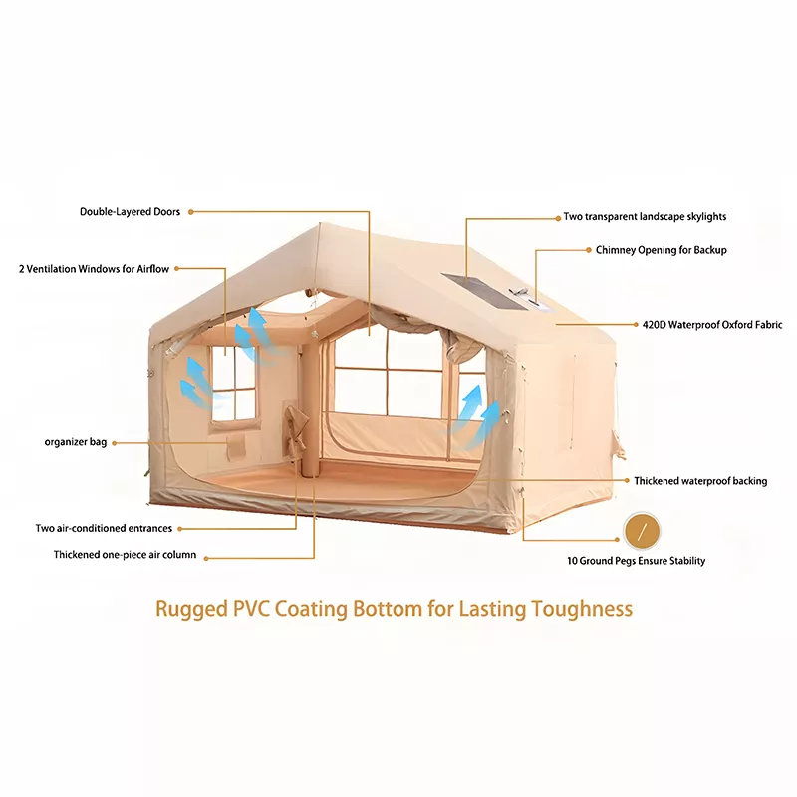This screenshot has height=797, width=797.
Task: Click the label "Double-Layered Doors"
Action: tap(130, 212)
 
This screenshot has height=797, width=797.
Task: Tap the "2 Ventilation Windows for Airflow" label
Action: tap(94, 269)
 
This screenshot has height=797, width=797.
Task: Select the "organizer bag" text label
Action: tap(76, 442)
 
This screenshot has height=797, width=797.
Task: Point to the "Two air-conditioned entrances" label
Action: tap(104, 528)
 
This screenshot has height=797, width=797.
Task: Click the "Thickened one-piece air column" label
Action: tap(126, 555)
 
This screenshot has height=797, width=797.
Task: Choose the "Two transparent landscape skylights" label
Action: tap(645, 217)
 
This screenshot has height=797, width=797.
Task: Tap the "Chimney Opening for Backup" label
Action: tap(662, 250)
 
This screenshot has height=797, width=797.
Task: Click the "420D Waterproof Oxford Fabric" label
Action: tap(712, 325)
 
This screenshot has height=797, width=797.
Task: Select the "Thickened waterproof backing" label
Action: tap(700, 481)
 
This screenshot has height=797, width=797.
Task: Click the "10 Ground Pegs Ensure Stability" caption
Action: tap(637, 561)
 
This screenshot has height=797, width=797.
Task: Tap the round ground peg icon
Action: tap(642, 532)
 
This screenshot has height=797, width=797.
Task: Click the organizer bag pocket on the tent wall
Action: tap(236, 447)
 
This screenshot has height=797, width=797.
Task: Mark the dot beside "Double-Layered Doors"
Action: tap(191, 212)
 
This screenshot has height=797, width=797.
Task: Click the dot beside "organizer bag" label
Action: tap(115, 443)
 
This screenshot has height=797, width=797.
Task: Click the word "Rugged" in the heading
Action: tap(191, 610)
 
